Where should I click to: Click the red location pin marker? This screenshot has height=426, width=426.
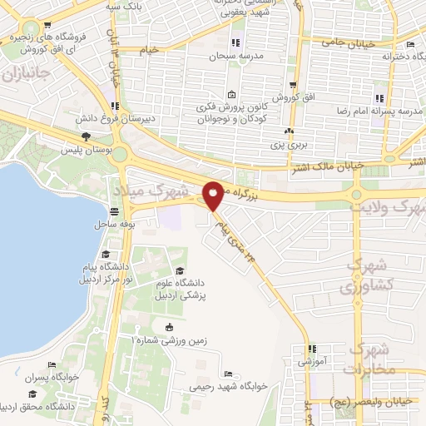tap(214, 195)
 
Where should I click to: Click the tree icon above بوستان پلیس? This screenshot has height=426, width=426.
tap(85, 136)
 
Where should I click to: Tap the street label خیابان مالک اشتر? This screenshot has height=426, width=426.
tap(326, 167)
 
